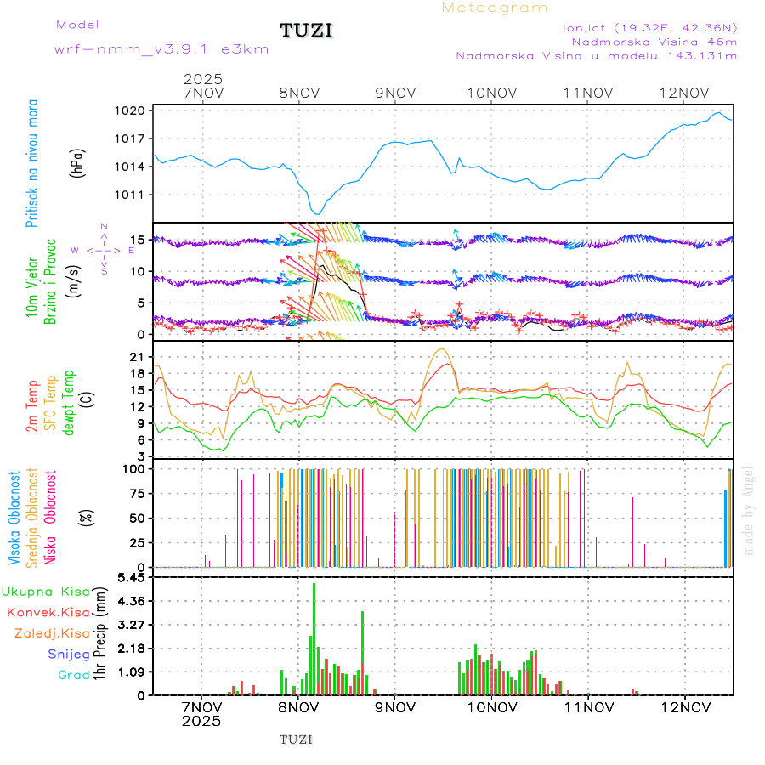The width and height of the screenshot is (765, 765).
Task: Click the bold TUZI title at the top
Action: click(x=307, y=31)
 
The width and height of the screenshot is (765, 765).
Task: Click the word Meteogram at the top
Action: click(x=495, y=8)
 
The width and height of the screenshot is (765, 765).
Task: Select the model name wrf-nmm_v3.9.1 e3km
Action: click(x=161, y=49)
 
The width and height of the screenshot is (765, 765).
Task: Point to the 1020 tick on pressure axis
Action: click(x=135, y=110)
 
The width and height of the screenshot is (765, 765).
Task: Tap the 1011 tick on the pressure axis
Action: click(x=135, y=195)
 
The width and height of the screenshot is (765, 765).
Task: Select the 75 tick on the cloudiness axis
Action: click(x=139, y=493)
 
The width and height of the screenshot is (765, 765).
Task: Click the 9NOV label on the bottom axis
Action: click(x=395, y=707)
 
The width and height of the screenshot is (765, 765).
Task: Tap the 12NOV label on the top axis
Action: click(x=685, y=93)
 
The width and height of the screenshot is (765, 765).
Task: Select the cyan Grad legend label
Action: click(x=74, y=675)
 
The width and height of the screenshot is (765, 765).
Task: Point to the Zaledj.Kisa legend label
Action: click(x=52, y=632)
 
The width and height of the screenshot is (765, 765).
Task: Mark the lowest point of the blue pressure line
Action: click(x=316, y=214)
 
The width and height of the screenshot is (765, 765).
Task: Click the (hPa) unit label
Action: click(x=77, y=161)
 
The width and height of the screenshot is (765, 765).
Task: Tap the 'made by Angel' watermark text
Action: click(x=749, y=510)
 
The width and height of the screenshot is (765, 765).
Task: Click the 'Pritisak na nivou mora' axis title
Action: click(x=31, y=161)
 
